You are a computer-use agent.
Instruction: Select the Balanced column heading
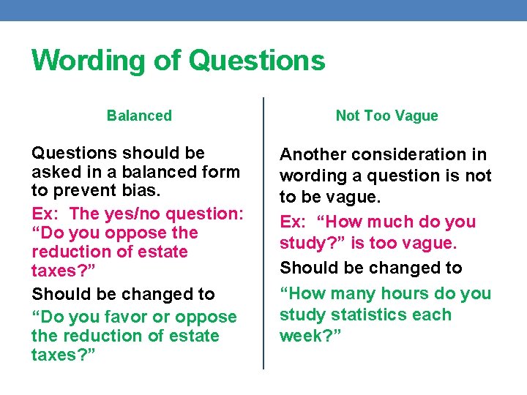click(x=139, y=116)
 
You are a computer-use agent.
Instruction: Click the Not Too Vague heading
click(x=386, y=116)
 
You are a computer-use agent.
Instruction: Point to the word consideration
click(x=408, y=155)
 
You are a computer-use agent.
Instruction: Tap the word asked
click(x=55, y=172)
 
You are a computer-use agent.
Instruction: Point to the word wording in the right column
click(x=311, y=176)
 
